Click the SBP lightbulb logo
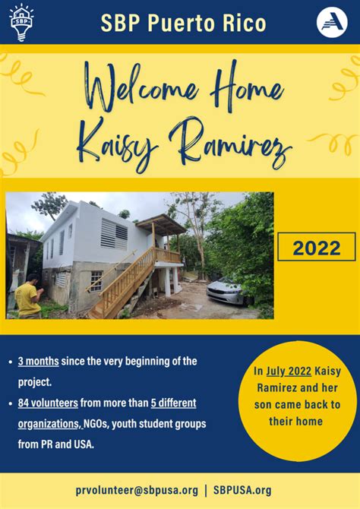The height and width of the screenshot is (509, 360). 22,22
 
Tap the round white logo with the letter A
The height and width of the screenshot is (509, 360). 332,23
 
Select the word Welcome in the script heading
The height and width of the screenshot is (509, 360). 142,87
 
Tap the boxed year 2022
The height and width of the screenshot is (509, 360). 317,248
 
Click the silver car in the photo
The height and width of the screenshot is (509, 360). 226,291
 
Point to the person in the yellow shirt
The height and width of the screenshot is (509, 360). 28,297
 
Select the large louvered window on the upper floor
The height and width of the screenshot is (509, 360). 114,234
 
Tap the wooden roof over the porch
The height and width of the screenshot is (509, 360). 161,224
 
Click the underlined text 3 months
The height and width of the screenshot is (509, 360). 38,362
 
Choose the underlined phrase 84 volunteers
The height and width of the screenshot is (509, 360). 48,403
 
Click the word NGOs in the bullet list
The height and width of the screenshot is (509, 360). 96,424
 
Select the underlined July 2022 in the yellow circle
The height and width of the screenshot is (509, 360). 289,371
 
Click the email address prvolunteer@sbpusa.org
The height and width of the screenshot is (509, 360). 137,490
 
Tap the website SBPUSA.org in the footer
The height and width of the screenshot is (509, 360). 242,490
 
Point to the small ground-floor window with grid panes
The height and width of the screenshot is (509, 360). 96,281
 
